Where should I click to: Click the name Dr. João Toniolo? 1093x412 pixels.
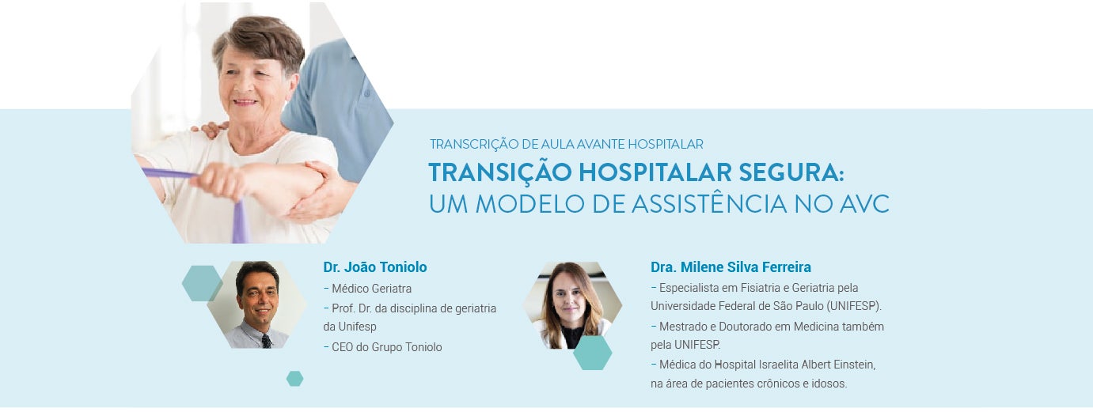tap(374, 267)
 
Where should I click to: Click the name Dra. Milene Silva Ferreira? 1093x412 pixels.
tap(730, 267)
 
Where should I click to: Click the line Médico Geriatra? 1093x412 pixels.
tap(371, 289)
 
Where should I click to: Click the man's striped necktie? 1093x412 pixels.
tap(266, 340)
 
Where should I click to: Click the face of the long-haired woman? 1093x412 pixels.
tap(571, 300)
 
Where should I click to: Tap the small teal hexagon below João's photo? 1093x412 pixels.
tap(294, 379)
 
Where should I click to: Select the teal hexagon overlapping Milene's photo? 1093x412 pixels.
tap(592, 353)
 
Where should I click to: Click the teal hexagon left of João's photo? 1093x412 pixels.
tap(201, 283)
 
